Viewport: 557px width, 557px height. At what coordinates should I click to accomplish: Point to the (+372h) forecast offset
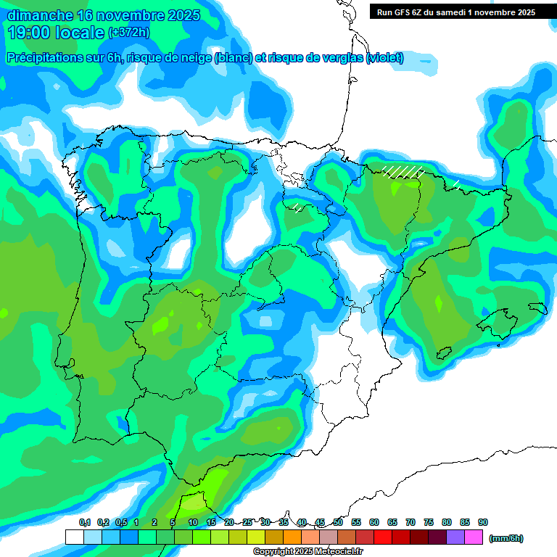tap(128, 33)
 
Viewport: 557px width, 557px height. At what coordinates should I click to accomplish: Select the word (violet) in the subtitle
tap(385, 58)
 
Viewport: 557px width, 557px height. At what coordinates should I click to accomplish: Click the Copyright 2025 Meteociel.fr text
tap(308, 552)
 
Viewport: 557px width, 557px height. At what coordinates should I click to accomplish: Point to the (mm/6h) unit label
tap(506, 538)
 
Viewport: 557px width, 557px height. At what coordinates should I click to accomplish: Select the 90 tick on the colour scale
tap(483, 523)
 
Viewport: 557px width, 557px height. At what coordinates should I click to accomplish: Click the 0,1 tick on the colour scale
tap(85, 523)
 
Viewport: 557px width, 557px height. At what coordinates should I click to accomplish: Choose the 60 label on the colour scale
tap(374, 523)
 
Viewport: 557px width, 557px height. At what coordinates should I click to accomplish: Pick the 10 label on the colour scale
tap(193, 523)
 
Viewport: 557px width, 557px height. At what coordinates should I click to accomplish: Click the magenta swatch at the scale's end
tap(474, 537)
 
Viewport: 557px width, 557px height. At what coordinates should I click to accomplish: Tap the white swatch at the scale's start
tap(74, 537)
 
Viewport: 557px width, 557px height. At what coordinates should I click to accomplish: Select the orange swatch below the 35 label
tap(292, 537)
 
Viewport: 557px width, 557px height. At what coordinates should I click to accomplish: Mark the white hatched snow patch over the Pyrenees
tap(403, 172)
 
